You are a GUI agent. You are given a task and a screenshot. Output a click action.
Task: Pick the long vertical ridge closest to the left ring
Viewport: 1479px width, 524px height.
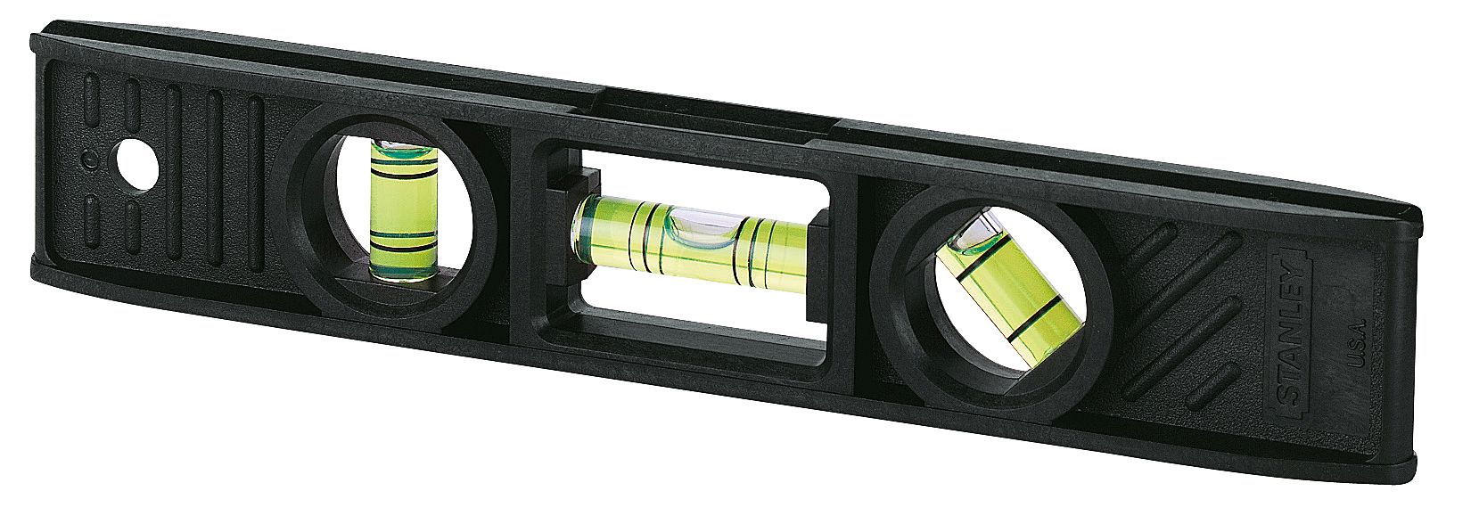tap(255, 187)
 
